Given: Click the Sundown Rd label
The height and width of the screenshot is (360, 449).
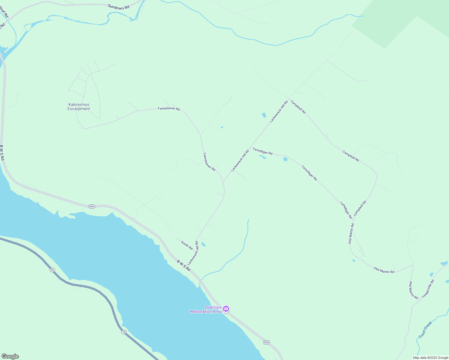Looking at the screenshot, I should coord(119,7).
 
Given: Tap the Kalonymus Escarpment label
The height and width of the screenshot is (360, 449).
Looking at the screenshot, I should coord(79,107).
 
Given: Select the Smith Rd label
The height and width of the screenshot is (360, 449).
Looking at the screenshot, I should coord(187,245).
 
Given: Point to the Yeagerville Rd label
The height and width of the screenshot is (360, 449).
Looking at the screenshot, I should coord(428,289).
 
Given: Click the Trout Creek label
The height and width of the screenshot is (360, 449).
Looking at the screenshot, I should coord(425,330).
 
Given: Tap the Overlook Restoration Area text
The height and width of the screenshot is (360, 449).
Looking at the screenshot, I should coord(206,309).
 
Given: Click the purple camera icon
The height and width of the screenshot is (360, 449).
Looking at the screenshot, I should coord(226,309).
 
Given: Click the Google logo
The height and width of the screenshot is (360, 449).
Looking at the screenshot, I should coord(10,356).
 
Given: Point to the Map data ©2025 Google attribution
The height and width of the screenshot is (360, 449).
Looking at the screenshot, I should coord(430,358).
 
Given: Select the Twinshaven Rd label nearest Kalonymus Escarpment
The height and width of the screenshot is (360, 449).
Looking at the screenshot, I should coord(169,109).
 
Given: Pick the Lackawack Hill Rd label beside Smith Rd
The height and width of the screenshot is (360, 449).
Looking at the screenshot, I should coord(193,253).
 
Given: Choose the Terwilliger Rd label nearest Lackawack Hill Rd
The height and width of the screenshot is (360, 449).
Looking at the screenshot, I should coord(263,151).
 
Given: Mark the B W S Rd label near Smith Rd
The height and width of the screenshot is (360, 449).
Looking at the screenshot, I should coord(184,265).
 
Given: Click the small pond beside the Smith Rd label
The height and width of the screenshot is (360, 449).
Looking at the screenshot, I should coord(203,244).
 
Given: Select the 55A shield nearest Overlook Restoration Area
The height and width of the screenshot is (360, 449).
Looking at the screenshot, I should coord(267,342).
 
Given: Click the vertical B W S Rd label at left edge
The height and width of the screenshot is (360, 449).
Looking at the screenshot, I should coord(2,153).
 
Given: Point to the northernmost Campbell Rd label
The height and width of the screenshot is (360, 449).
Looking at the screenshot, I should coord(298,107).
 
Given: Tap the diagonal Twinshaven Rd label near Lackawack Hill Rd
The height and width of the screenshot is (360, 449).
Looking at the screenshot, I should coord(209,162).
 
